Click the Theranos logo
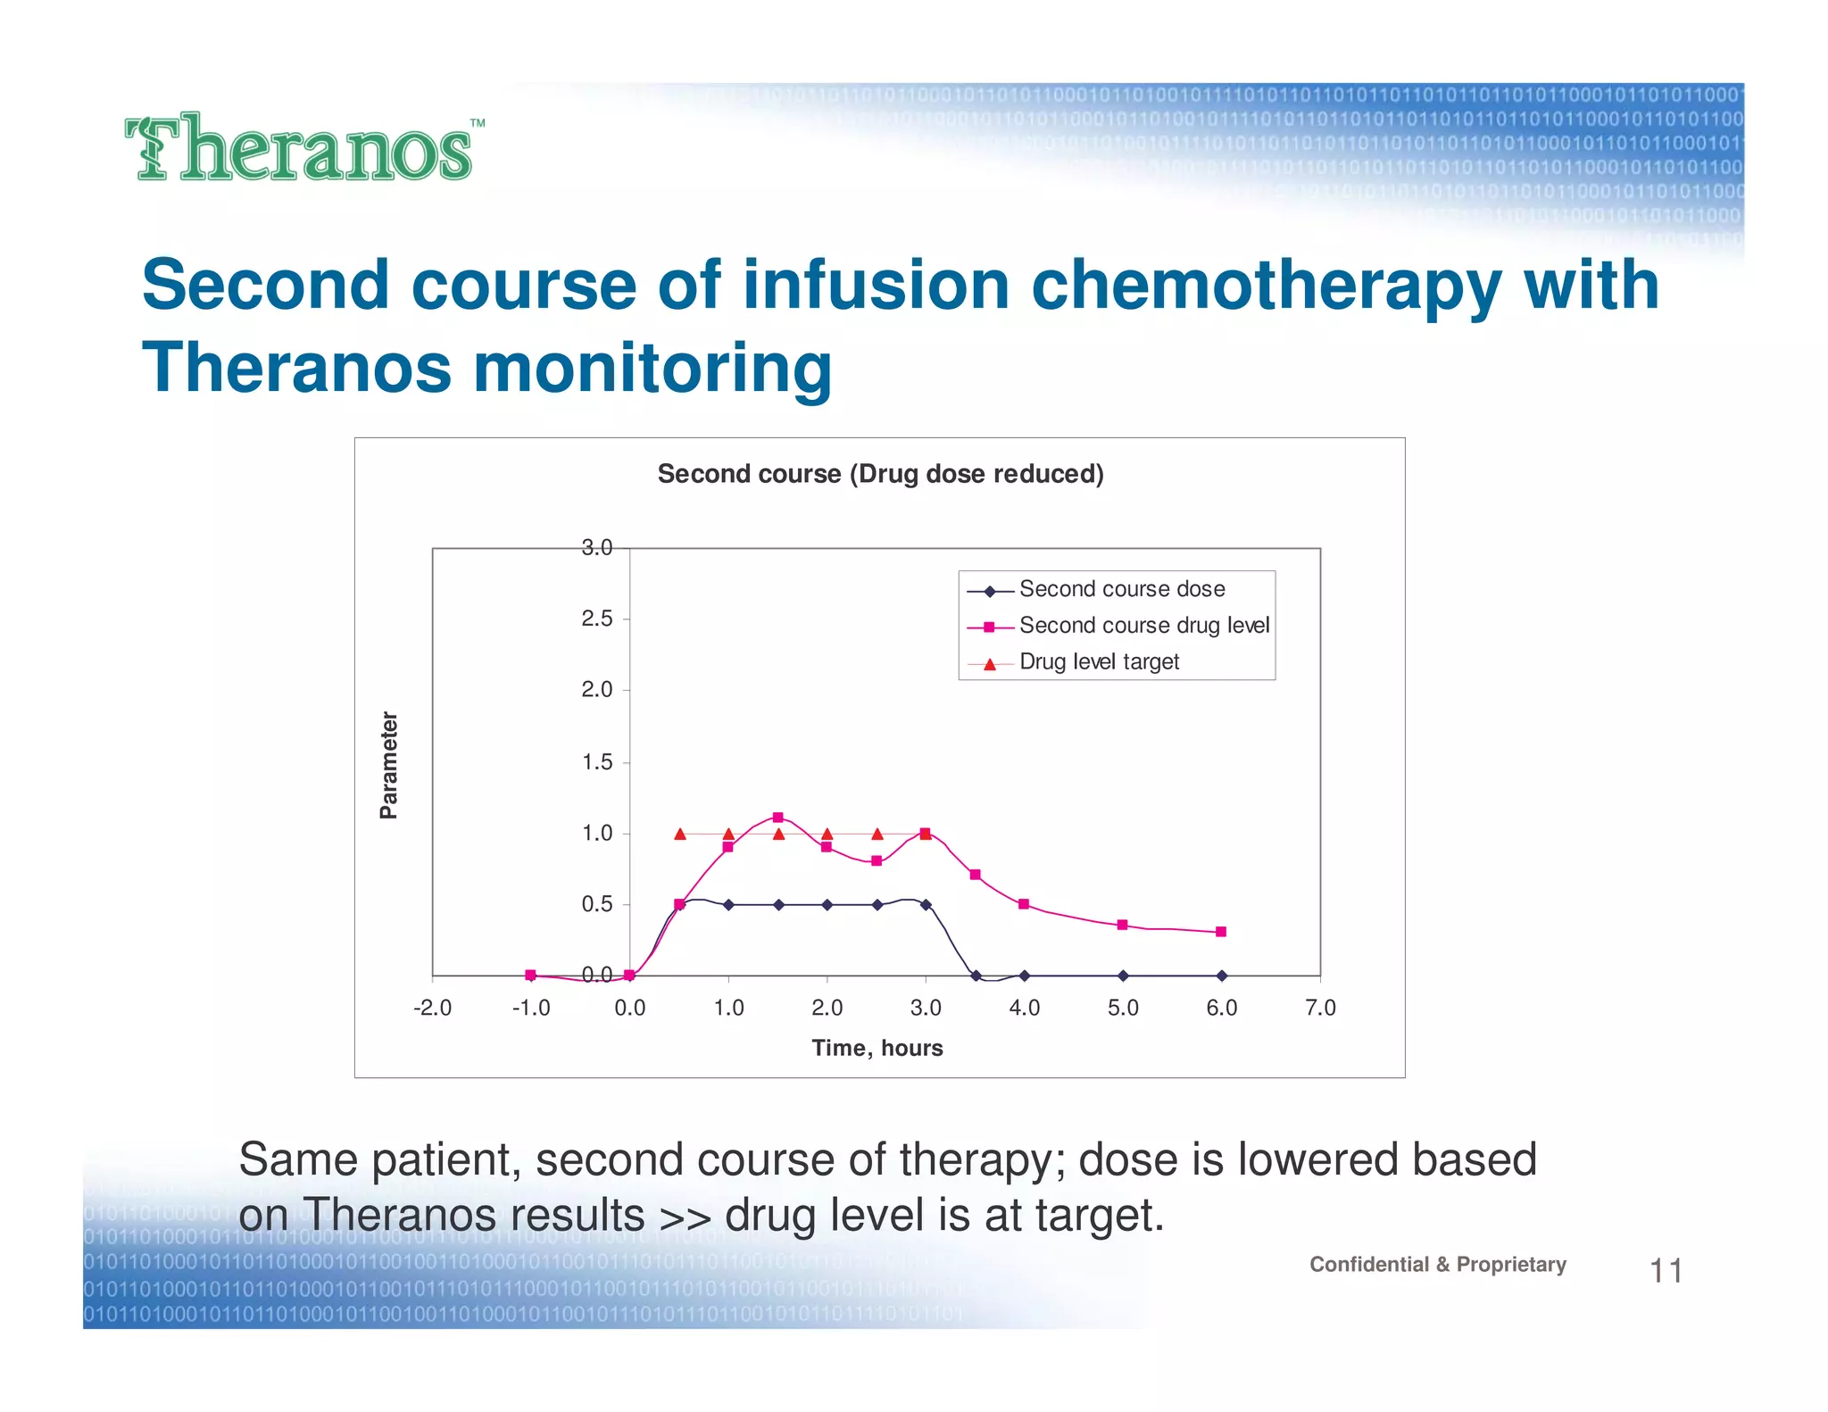[303, 148]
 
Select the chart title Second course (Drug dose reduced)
[880, 474]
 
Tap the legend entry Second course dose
[1121, 589]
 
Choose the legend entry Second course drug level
[1143, 626]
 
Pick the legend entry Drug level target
[1099, 662]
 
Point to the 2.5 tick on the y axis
[597, 619]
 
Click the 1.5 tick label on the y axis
[597, 762]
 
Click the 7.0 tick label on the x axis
[1320, 1008]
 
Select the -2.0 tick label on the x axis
[433, 1008]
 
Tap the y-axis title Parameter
[389, 765]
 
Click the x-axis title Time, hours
[877, 1048]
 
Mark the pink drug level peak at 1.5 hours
[777, 818]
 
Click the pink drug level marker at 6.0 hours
[1221, 932]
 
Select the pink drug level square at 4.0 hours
[1024, 904]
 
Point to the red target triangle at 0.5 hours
[680, 834]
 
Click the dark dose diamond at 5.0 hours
[1123, 976]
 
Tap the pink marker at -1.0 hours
[530, 975]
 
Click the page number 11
[1666, 1271]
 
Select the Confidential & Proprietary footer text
[1437, 1265]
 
